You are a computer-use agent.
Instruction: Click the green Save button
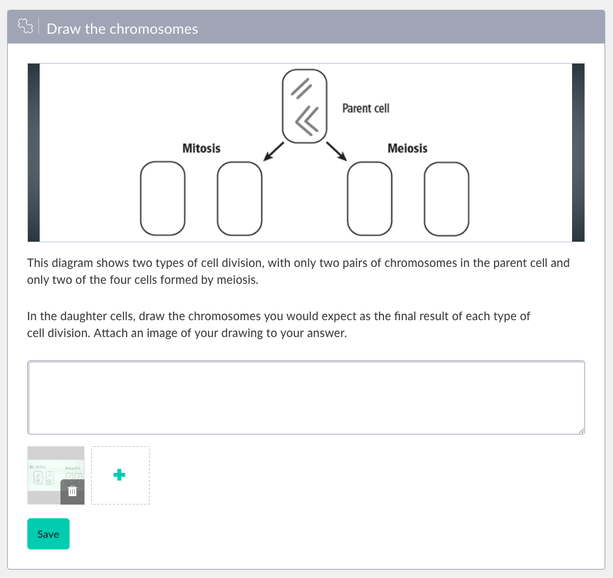pos(48,534)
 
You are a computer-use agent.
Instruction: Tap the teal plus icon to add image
pos(120,475)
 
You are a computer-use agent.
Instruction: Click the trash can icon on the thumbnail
pos(73,492)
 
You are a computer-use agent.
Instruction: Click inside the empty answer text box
pos(306,397)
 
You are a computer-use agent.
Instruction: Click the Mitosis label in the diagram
pos(201,148)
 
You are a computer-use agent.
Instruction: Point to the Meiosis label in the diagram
pos(407,148)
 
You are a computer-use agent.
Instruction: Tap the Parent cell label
pos(365,108)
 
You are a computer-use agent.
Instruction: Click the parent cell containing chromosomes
pos(304,105)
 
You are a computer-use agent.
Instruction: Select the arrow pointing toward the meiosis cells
pos(336,151)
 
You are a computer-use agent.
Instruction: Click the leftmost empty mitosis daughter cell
pos(164,198)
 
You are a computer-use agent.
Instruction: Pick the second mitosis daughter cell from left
pos(239,198)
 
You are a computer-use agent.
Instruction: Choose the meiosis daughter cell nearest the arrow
pos(370,198)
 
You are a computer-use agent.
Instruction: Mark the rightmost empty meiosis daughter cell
pos(446,198)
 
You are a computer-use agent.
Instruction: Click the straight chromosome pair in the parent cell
pos(300,88)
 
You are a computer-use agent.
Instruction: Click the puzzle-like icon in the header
pos(25,27)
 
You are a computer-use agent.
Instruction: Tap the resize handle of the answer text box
pos(581,431)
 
